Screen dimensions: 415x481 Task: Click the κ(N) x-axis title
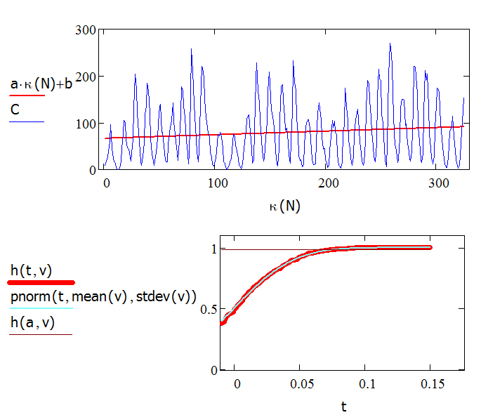pos(284,206)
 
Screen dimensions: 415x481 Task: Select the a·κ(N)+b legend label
pos(41,84)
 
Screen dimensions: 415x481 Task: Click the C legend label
pos(14,110)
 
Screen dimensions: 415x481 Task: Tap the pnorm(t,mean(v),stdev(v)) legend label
pos(103,296)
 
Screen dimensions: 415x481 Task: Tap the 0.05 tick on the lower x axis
pos(300,383)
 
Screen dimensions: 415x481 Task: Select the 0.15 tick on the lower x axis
pos(430,383)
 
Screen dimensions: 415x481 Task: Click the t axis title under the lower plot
pos(344,406)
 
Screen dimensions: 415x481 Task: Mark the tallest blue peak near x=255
pos(390,44)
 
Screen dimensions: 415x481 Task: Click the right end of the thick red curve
pos(430,247)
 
